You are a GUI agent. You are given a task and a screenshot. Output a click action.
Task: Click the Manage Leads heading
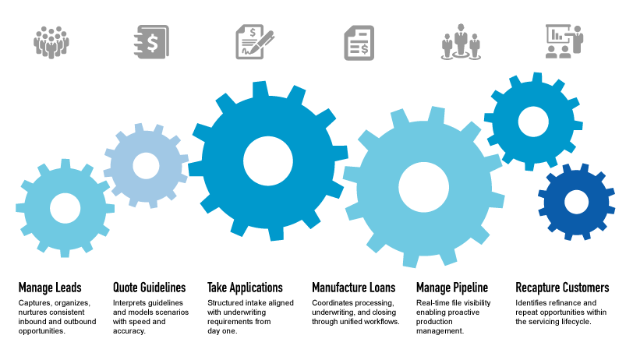[50, 288]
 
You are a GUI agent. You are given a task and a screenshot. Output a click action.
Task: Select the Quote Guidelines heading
[150, 288]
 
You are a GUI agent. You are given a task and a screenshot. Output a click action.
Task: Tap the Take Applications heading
[245, 288]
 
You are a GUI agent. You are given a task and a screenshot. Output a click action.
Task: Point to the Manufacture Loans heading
[353, 288]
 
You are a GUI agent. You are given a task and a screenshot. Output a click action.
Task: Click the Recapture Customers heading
[562, 288]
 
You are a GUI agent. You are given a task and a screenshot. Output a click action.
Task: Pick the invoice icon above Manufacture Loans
[359, 41]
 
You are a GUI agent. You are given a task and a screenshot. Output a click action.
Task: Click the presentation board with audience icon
[563, 41]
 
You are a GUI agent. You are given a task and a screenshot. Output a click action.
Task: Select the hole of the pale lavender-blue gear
[146, 164]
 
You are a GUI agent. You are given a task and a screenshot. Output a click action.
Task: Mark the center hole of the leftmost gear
[65, 207]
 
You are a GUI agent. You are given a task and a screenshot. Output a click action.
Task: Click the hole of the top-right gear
[533, 119]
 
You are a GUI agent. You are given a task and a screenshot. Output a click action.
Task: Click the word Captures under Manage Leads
[34, 302]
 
